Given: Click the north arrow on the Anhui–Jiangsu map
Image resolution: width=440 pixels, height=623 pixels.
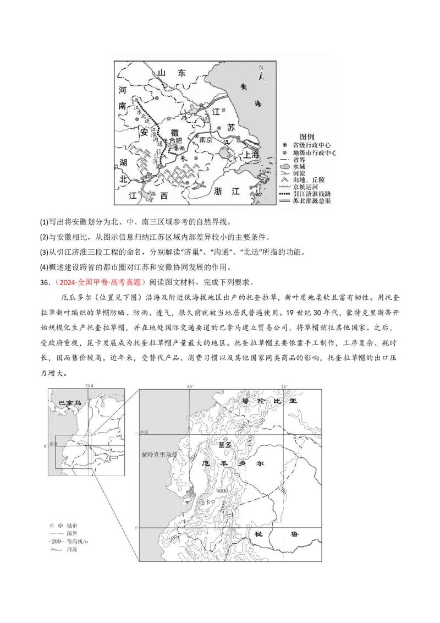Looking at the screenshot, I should (262, 73).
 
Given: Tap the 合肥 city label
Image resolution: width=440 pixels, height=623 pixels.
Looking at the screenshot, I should (175, 140).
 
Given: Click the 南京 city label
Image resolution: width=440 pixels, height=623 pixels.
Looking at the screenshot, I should (206, 140).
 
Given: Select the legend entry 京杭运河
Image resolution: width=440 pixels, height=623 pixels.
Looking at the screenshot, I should (310, 187).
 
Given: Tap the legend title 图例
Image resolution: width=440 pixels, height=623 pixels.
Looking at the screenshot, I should (306, 136).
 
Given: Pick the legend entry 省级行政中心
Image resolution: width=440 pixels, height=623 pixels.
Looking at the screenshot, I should (313, 144).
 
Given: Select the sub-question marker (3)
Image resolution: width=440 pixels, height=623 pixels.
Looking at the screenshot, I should (45, 252).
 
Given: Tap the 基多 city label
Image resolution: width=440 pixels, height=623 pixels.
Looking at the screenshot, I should (225, 444).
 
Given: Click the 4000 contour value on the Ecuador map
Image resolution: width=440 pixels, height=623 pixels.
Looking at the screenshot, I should (222, 490).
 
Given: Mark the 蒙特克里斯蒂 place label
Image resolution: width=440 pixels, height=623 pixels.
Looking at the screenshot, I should (159, 455).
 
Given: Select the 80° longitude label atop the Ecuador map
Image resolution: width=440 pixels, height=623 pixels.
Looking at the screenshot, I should (190, 386).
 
